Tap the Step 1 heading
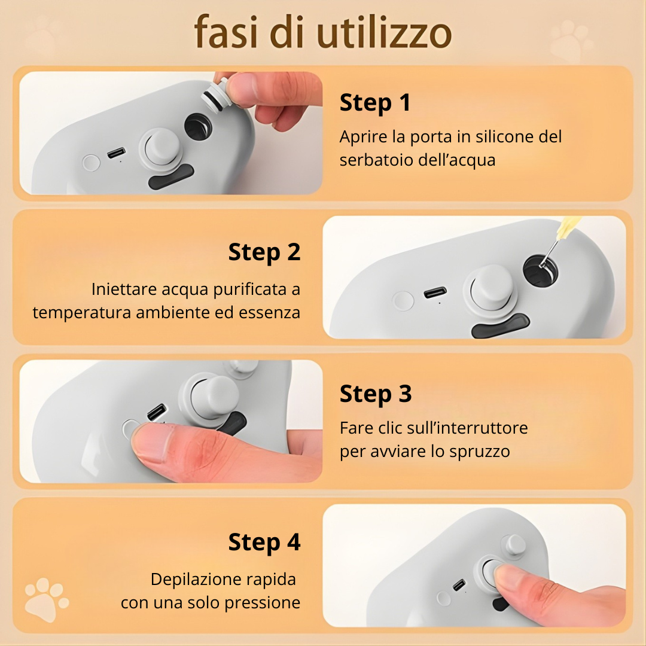(375, 103)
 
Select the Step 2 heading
(264, 252)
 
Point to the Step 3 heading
(376, 394)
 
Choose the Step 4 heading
(264, 543)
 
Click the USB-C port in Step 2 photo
(435, 293)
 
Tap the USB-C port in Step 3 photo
(157, 412)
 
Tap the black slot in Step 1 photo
(170, 178)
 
